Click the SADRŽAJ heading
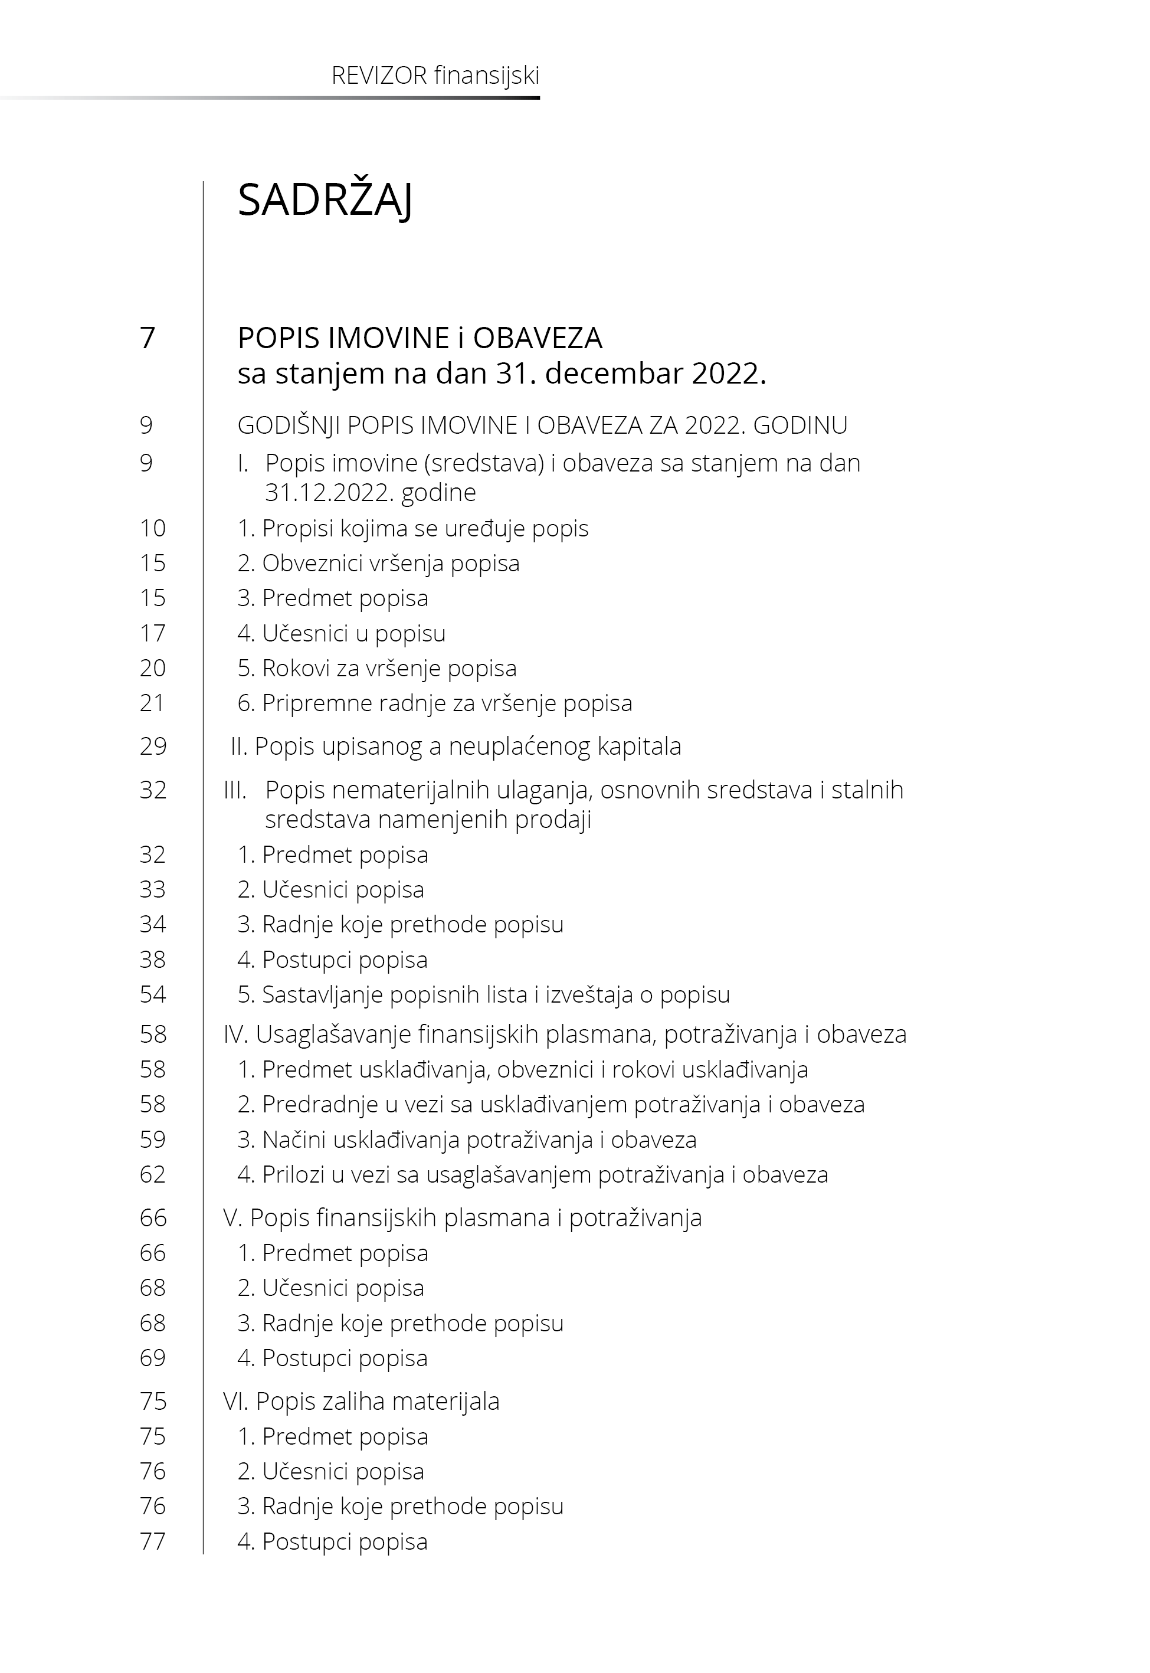[325, 199]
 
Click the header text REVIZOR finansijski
[435, 76]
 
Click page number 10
[153, 528]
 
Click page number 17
[153, 633]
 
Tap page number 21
[153, 702]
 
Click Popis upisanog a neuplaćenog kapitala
[456, 746]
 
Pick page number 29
[153, 746]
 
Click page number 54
[153, 994]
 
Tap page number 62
[153, 1174]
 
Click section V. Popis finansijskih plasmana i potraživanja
[462, 1217]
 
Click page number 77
[153, 1541]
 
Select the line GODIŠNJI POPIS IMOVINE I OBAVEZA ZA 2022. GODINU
[542, 425]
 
